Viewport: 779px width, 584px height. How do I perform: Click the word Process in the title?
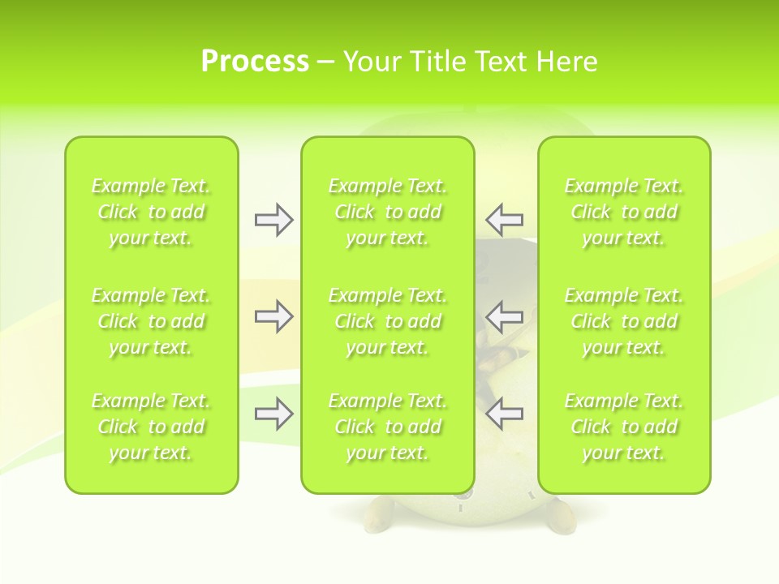point(255,62)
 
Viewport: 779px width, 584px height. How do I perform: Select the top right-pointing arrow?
point(273,220)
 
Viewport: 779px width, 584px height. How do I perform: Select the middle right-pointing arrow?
point(273,316)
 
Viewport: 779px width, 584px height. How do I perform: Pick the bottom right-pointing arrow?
point(273,414)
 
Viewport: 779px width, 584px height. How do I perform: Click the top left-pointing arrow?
point(504,220)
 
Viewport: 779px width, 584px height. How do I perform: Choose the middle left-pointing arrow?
point(504,316)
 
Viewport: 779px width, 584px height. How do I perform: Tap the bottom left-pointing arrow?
point(504,414)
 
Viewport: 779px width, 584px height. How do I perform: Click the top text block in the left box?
point(151,212)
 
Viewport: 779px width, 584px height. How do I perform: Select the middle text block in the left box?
point(151,321)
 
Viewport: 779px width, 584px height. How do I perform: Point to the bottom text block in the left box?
point(151,427)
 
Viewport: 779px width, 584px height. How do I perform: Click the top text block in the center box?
point(387,212)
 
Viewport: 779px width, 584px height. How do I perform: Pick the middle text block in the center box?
point(387,321)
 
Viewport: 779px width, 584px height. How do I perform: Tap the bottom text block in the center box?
point(387,427)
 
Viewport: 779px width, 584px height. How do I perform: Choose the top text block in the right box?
point(623,212)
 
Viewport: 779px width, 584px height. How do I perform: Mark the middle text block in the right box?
point(623,321)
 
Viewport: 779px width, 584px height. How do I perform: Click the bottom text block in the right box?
point(623,427)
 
